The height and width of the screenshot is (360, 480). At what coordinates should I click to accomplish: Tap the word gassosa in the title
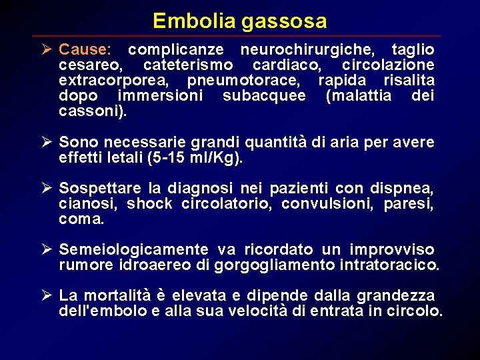(285, 22)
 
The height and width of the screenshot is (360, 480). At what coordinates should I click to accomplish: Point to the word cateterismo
(188, 65)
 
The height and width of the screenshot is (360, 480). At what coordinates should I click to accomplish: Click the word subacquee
(264, 96)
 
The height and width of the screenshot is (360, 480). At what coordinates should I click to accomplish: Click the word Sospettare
(97, 189)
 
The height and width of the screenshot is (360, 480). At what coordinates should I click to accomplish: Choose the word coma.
(81, 219)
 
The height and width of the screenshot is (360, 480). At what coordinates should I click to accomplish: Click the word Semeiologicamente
(133, 250)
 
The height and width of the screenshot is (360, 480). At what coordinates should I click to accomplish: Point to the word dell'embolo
(99, 311)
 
